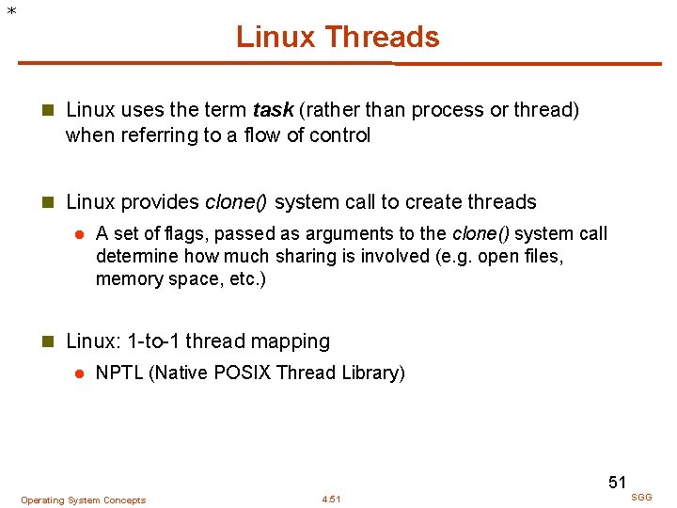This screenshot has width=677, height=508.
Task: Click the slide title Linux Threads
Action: [x=338, y=37]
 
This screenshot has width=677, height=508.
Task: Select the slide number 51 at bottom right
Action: [x=617, y=483]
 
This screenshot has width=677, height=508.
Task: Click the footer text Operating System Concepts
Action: [x=84, y=500]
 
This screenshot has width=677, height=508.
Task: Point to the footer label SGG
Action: [x=641, y=497]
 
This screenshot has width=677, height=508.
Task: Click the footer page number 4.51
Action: [x=331, y=500]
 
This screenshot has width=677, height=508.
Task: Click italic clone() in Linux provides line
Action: [x=237, y=202]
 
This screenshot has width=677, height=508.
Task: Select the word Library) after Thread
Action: [x=372, y=373]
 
